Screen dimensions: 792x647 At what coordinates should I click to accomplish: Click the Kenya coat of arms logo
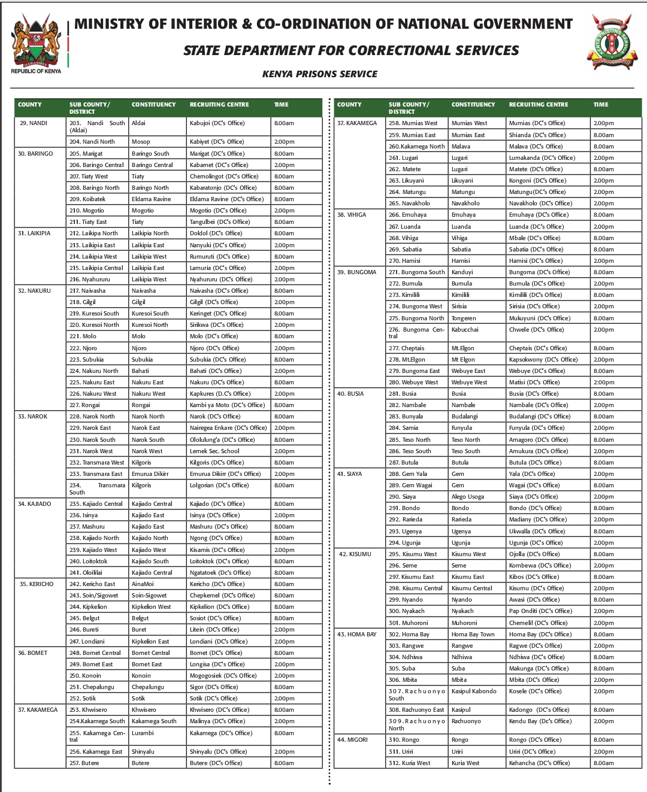(36, 43)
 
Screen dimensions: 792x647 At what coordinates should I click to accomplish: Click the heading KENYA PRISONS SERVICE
(320, 74)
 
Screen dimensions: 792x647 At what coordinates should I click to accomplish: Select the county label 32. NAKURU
(35, 291)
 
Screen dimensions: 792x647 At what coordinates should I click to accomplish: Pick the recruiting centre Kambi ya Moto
(227, 405)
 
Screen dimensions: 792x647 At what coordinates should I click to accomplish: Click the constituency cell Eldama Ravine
(151, 199)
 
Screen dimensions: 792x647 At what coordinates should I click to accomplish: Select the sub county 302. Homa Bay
(409, 635)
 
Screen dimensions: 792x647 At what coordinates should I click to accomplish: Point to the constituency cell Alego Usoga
(468, 497)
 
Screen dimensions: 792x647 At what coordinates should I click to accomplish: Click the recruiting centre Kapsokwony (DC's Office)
(543, 360)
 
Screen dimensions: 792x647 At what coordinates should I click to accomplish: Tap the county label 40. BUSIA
(350, 394)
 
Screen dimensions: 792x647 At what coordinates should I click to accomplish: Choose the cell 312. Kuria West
(409, 763)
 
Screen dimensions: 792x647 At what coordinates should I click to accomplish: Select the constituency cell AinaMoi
(143, 584)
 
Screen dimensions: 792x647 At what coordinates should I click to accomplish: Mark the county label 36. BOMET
(33, 653)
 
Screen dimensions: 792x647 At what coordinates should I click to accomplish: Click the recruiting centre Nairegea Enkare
(228, 428)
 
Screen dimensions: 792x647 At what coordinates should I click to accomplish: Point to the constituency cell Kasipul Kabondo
(474, 691)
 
